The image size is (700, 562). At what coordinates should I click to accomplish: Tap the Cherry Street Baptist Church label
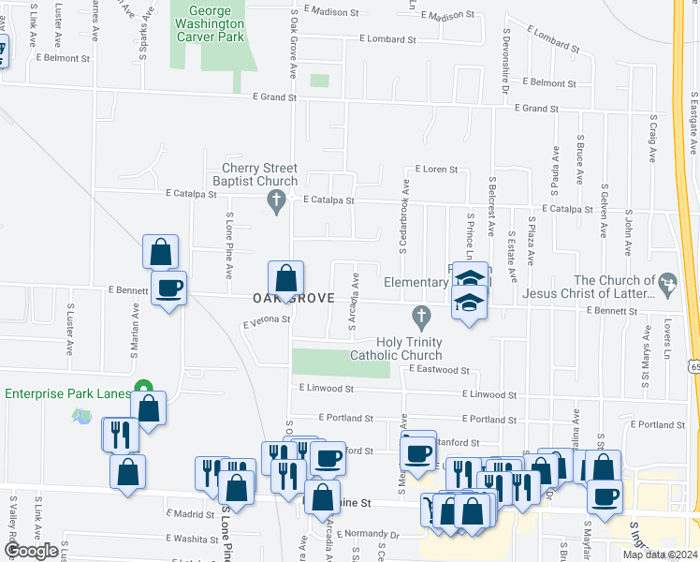[259, 174]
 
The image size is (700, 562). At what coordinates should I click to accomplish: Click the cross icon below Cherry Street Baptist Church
[275, 200]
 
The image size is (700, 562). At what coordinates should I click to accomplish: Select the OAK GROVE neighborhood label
[293, 298]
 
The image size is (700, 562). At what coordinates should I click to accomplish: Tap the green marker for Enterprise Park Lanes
[144, 387]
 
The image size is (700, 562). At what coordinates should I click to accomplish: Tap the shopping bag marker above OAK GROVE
[286, 278]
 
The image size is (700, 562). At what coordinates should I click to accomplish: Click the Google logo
[32, 551]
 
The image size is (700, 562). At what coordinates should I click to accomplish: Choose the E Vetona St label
[267, 322]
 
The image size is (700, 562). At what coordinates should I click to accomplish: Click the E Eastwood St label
[438, 370]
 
